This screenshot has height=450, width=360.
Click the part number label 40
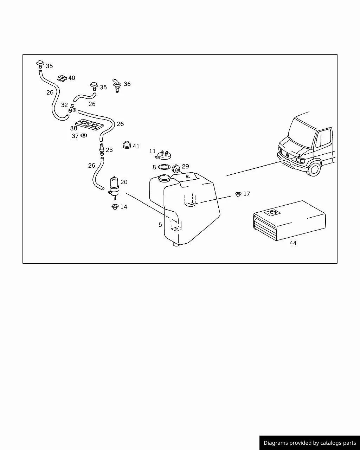[71, 78]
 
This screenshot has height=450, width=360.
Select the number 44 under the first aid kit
[293, 243]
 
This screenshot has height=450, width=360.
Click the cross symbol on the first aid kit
[272, 213]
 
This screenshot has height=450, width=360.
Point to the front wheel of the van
[314, 169]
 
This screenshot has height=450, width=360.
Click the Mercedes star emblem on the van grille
[287, 155]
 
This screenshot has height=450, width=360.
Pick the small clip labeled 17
[238, 194]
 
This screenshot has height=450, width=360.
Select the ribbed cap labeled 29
[176, 168]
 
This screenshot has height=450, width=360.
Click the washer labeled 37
[84, 135]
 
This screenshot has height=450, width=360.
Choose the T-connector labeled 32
[72, 108]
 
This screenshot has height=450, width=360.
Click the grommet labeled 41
[127, 145]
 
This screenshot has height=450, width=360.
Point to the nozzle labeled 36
[117, 85]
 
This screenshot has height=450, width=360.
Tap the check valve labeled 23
[102, 149]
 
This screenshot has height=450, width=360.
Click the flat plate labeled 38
[89, 125]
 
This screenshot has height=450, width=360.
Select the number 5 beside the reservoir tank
[160, 225]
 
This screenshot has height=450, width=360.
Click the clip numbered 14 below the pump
[115, 207]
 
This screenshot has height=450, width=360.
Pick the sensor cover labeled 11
[163, 155]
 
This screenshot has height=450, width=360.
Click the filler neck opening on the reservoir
[165, 178]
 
